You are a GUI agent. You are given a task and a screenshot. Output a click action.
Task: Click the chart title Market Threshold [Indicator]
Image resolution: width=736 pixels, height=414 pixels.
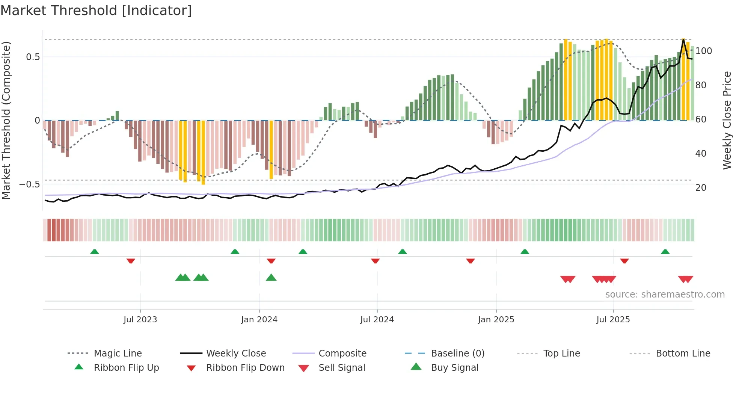coord(96,11)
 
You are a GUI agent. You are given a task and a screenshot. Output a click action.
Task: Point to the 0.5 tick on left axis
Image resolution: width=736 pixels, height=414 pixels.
coord(33,57)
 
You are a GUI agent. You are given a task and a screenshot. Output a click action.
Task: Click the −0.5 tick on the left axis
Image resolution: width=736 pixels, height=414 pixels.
coord(30,184)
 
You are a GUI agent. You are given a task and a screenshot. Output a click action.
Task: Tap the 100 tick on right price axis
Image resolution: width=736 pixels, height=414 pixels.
coord(703,51)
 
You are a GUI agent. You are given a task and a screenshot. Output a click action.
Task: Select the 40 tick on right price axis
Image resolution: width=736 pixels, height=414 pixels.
coord(701,154)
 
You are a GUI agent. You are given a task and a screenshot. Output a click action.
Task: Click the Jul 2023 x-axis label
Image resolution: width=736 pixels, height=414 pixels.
coord(140,320)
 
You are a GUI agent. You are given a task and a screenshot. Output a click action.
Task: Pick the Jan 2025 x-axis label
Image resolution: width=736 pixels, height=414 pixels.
coord(496,320)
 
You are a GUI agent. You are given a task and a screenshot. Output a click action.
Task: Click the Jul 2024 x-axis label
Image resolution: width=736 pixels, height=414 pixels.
coord(377,320)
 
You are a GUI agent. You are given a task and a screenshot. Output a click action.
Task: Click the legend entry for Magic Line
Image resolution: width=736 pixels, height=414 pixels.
coord(118,354)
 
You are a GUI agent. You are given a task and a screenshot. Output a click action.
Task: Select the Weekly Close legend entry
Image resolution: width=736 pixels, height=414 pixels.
coord(236,354)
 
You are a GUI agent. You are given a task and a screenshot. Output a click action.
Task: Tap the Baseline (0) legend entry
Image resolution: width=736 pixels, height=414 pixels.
coord(457,354)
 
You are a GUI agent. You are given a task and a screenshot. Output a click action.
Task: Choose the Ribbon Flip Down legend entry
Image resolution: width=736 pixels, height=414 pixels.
coord(245,368)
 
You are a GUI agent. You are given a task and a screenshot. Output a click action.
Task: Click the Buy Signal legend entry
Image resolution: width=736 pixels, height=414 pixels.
coord(454,368)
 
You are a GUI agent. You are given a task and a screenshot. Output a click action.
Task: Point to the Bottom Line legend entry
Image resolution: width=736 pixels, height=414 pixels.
coord(683,354)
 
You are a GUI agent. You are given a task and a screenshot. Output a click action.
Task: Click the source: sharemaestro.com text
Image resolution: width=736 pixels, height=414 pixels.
coord(665,295)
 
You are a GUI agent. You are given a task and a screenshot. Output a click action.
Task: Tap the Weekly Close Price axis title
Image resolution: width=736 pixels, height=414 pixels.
coord(727,120)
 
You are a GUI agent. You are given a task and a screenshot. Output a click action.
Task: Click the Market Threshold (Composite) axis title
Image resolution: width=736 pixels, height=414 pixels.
coord(6,120)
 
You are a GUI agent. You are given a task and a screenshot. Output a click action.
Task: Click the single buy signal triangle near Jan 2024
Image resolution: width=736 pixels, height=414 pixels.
coord(271,278)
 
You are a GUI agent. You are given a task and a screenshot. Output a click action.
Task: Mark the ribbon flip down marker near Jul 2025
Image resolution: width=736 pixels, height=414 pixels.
coord(624,261)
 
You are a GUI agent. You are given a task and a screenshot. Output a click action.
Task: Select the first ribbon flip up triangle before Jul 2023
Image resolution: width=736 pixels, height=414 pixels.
coord(95,252)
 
